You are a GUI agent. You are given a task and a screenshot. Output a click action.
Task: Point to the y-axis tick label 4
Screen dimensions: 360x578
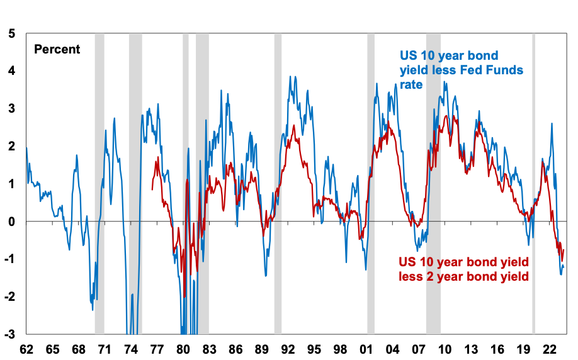pos(12,70)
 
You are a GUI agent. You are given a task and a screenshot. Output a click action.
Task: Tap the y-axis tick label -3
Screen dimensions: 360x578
pos(10,334)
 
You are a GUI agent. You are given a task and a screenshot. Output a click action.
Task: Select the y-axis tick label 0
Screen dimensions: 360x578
pos(12,222)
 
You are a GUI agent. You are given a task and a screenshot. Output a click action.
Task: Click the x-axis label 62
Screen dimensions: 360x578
pos(26,349)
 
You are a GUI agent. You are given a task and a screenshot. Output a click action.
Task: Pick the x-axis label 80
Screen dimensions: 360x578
pos(183,349)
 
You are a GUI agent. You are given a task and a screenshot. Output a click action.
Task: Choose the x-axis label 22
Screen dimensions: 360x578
pos(549,349)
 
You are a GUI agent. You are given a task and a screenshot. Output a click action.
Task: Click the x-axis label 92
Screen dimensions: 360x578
pos(288,349)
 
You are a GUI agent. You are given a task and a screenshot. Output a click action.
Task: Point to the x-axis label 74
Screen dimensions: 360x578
pos(131,349)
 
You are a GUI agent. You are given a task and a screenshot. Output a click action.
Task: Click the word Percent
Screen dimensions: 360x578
pos(57,49)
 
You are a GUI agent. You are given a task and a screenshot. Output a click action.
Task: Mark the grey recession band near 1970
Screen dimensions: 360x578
pos(99,183)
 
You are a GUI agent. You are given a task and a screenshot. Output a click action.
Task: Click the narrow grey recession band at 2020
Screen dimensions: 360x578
pos(533,183)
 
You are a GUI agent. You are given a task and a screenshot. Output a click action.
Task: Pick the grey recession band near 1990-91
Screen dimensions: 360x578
pos(278,183)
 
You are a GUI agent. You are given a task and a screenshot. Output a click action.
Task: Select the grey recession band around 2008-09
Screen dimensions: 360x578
pos(433,183)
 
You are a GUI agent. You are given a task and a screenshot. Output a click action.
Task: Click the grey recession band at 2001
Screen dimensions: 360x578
pos(371,183)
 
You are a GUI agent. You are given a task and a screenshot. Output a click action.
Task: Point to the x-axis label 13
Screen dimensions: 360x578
pos(471,349)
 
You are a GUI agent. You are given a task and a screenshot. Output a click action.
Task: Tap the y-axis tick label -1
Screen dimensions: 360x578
pos(10,259)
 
